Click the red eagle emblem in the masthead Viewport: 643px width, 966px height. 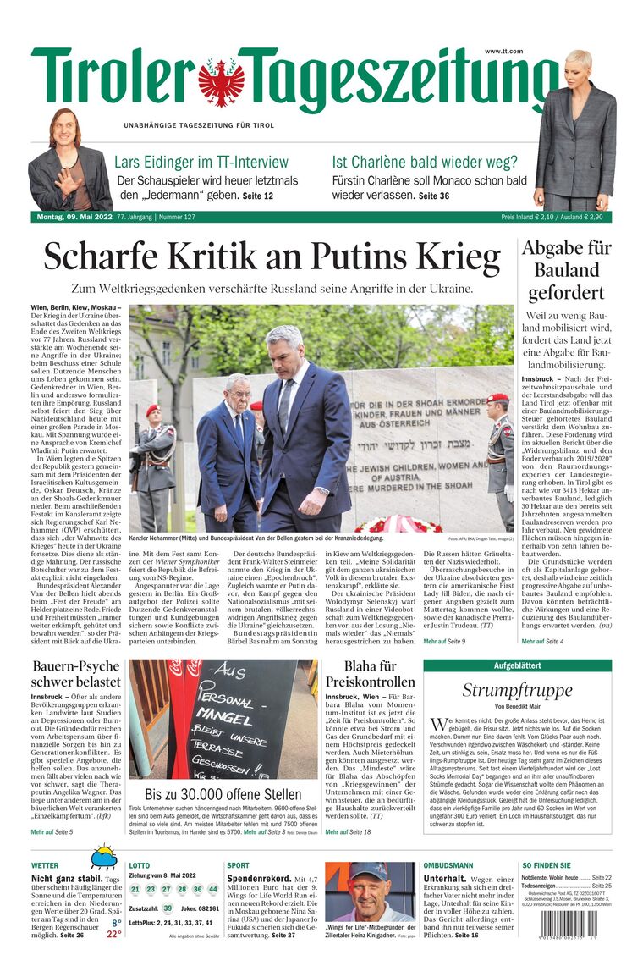pos(221,80)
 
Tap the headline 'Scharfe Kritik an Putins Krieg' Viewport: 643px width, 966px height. pos(272,257)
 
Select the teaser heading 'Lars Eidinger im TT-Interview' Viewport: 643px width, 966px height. pos(201,162)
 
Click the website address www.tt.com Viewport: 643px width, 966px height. pos(503,52)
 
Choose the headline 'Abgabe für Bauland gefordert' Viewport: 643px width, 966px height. pos(566,271)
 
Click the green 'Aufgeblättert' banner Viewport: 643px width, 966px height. pos(517,665)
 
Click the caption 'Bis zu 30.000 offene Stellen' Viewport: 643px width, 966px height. pos(223,794)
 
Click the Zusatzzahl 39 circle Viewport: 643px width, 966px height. pos(168,908)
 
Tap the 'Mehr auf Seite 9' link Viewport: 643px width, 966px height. pos(444,641)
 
